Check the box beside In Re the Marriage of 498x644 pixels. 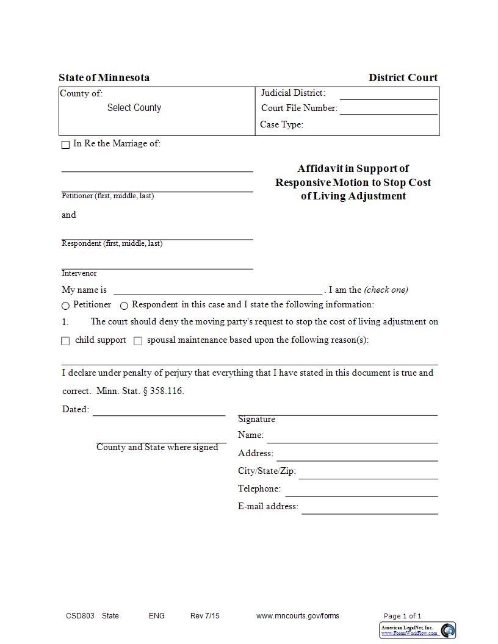coord(65,145)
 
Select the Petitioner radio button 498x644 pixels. coord(65,306)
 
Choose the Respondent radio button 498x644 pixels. coord(124,306)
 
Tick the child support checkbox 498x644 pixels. coord(65,341)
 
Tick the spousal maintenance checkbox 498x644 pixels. coord(137,341)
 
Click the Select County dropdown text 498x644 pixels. coord(134,108)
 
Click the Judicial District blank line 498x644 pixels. coord(388,95)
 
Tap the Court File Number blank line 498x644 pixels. coord(388,109)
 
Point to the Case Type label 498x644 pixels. coord(281,124)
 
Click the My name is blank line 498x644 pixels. coord(218,290)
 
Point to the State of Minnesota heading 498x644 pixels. coord(104,77)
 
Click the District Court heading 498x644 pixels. coord(403,77)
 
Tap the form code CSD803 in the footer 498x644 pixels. coord(80,616)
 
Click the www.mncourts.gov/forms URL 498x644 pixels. coord(297,616)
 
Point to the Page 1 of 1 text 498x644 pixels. coord(402,616)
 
